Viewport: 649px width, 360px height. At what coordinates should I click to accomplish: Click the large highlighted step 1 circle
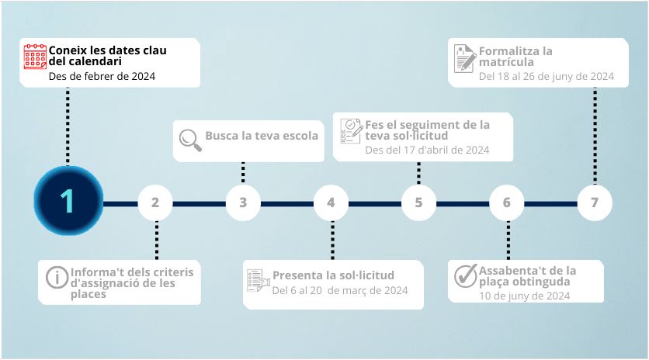point(68,202)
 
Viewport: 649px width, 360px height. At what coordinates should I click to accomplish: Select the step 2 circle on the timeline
point(155,203)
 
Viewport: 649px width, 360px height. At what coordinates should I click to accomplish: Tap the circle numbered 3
point(243,203)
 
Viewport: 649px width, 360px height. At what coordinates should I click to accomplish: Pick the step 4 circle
point(331,203)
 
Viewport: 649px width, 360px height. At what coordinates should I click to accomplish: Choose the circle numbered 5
point(418,203)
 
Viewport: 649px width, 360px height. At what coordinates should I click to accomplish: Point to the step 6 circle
point(506,203)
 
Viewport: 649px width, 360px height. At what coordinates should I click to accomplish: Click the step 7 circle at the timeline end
point(595,203)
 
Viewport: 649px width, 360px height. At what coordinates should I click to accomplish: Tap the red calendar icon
point(35,57)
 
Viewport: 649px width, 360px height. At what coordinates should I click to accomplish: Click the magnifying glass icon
point(189,138)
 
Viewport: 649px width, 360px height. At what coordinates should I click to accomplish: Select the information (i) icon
point(57,277)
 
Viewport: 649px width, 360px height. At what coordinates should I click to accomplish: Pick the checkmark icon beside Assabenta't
point(465,275)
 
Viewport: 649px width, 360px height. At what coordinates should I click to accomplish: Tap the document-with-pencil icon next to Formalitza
point(465,58)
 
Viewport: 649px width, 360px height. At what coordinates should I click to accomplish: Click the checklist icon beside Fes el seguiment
point(351,131)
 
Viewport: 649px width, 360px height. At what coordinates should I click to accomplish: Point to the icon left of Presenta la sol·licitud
point(257,280)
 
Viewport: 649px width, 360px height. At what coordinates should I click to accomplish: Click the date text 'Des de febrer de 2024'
point(102,76)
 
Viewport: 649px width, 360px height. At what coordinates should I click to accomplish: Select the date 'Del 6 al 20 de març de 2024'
point(340,291)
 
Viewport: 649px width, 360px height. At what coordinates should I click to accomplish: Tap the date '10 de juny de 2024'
point(524,296)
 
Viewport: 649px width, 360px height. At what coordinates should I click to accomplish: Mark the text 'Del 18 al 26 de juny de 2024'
point(547,76)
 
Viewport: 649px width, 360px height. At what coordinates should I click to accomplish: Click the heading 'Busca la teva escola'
point(262,136)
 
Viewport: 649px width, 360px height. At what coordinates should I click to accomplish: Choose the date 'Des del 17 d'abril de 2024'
point(427,150)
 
